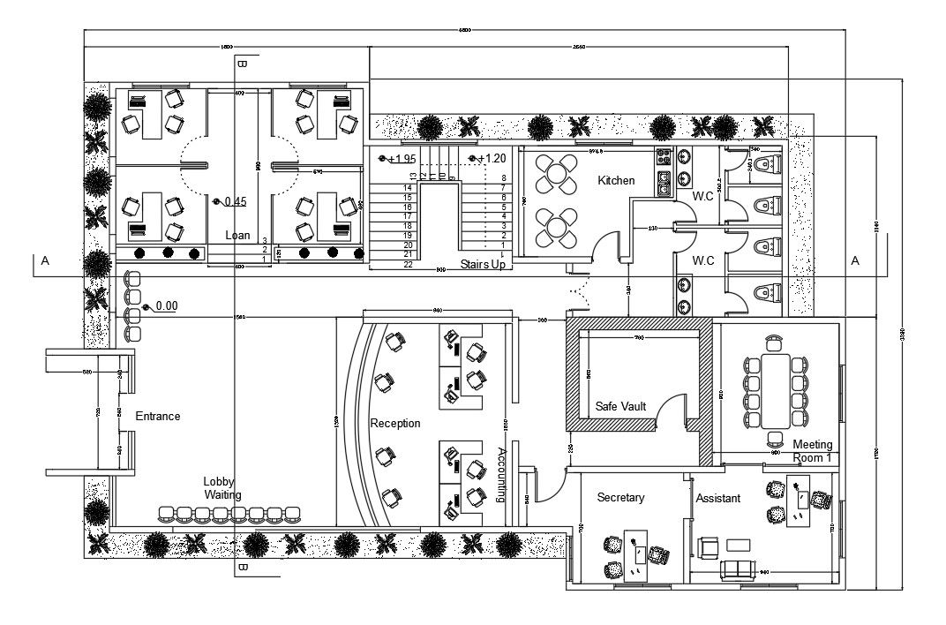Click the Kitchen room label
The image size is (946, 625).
tap(616, 181)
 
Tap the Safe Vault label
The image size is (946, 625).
tap(620, 407)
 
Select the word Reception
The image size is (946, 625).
tap(394, 424)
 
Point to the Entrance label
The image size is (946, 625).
tap(157, 417)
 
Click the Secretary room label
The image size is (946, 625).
tap(620, 498)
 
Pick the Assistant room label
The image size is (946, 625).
tap(717, 499)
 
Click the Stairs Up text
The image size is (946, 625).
tap(483, 264)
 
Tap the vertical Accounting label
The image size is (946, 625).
tap(501, 475)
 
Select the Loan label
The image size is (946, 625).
tap(237, 237)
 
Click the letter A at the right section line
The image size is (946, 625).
tap(854, 261)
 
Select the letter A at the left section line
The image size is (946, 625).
tap(44, 261)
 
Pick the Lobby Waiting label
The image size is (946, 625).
tap(221, 488)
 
